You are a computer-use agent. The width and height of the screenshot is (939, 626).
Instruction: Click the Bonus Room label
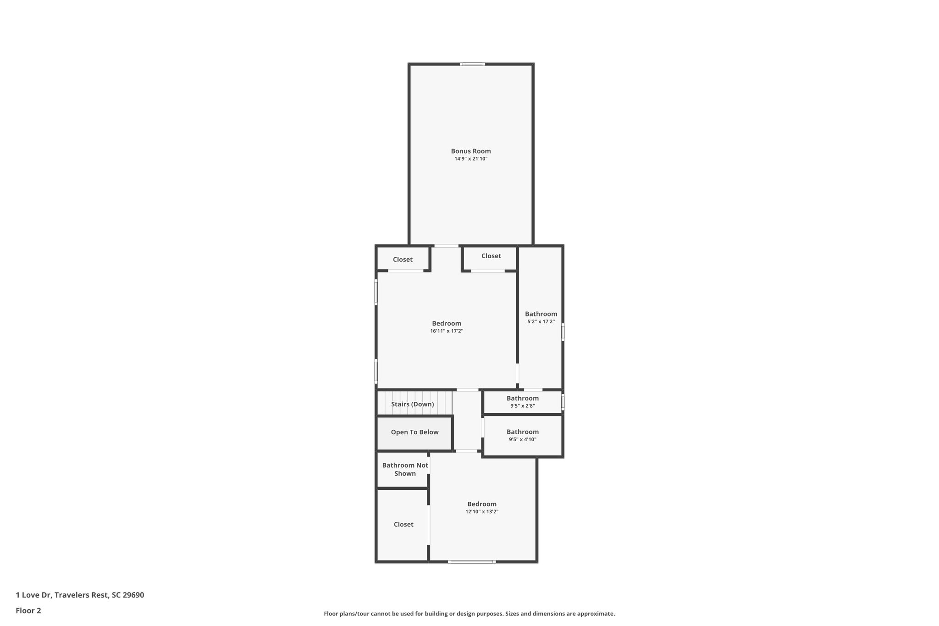[x=471, y=151]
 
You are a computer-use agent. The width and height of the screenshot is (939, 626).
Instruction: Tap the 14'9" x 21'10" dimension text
[x=471, y=159]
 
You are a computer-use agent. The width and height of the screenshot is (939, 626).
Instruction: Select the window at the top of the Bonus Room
[x=473, y=64]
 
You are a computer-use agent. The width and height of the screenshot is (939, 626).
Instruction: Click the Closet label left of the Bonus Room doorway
[x=403, y=260]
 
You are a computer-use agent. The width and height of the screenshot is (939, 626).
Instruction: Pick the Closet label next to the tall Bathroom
[x=491, y=256]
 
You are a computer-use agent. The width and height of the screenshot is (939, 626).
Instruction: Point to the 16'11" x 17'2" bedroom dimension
[x=447, y=331]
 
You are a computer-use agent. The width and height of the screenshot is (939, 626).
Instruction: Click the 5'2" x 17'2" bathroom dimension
[x=541, y=322]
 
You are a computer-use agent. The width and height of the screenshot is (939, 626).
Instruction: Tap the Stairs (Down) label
[x=412, y=404]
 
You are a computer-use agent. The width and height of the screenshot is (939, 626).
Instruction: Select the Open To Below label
[x=414, y=432]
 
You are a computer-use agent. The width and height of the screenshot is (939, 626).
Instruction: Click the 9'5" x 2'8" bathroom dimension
[x=523, y=406]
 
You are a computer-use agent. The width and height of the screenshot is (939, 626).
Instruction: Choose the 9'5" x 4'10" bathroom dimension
[x=523, y=439]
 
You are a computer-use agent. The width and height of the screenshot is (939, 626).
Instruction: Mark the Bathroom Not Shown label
[x=405, y=469]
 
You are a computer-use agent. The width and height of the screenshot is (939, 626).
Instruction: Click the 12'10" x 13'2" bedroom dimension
[x=482, y=512]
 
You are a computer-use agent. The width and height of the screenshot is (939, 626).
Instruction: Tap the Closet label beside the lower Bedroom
[x=403, y=524]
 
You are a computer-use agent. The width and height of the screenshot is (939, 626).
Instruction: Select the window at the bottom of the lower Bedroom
[x=471, y=562]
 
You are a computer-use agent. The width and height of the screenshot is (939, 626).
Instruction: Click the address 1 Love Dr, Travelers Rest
[x=80, y=595]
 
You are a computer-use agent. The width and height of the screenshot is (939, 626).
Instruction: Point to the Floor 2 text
[x=28, y=610]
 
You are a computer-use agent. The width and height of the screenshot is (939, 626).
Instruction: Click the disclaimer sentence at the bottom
[x=469, y=614]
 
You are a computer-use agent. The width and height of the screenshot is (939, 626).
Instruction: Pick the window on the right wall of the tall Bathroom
[x=563, y=332]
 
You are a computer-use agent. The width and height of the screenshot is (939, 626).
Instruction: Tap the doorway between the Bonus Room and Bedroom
[x=446, y=246]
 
